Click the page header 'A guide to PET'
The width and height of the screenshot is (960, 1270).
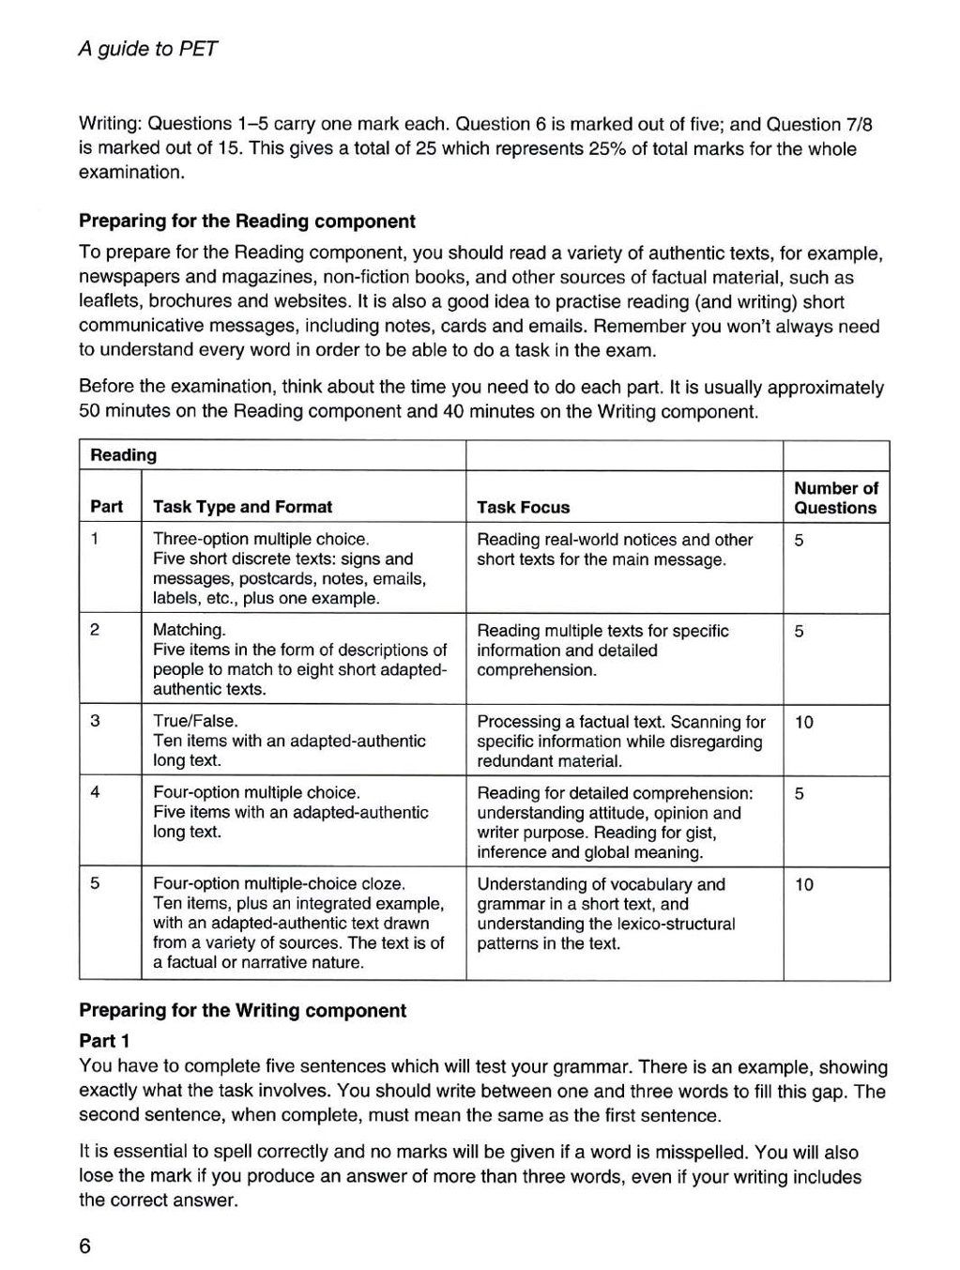148,50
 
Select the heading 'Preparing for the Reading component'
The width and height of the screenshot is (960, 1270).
247,222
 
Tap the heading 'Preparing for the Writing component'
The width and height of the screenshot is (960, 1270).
242,1011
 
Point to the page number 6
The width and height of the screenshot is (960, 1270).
85,1247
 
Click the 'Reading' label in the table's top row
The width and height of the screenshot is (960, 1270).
123,455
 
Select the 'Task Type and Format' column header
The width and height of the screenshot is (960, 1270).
242,507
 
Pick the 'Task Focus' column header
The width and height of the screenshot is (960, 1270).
523,508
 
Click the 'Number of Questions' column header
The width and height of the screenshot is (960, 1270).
835,497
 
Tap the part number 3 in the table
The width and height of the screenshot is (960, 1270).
95,721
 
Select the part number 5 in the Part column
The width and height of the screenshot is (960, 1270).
95,883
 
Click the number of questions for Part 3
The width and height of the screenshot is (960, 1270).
804,722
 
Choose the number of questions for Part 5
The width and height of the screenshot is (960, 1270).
804,884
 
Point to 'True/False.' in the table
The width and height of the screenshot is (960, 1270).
195,721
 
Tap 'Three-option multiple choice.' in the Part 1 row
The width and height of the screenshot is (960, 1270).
261,540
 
